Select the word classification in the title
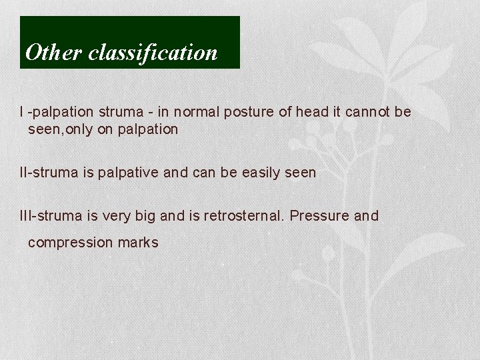[153, 53]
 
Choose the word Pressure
[320, 216]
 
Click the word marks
[138, 243]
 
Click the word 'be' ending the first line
[403, 112]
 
